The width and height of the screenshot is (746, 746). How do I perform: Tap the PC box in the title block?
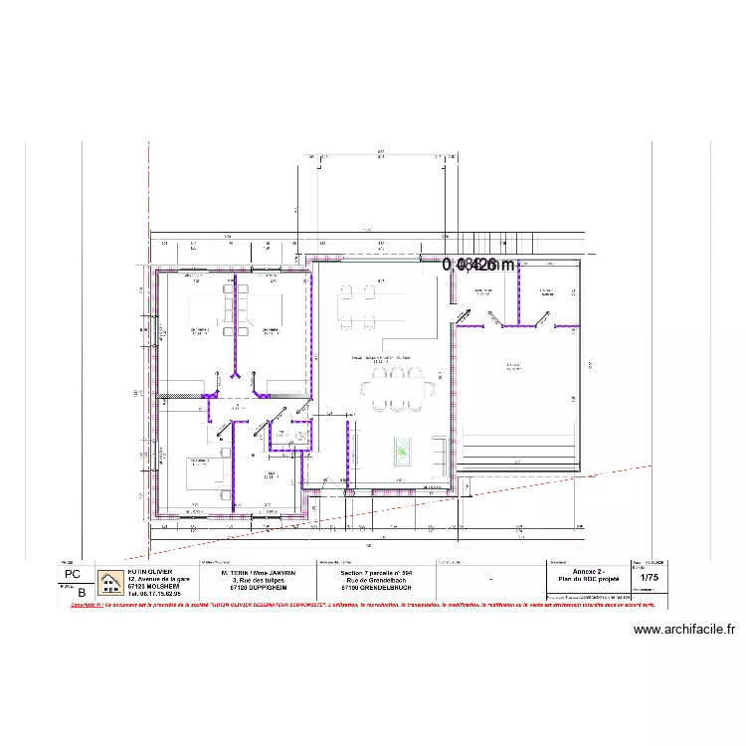(72, 575)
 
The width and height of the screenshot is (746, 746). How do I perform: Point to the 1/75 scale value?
(650, 577)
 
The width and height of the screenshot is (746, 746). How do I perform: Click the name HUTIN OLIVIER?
(149, 573)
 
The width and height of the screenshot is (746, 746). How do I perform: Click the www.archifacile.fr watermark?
(683, 629)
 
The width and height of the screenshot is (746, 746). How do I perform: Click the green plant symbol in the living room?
(402, 451)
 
